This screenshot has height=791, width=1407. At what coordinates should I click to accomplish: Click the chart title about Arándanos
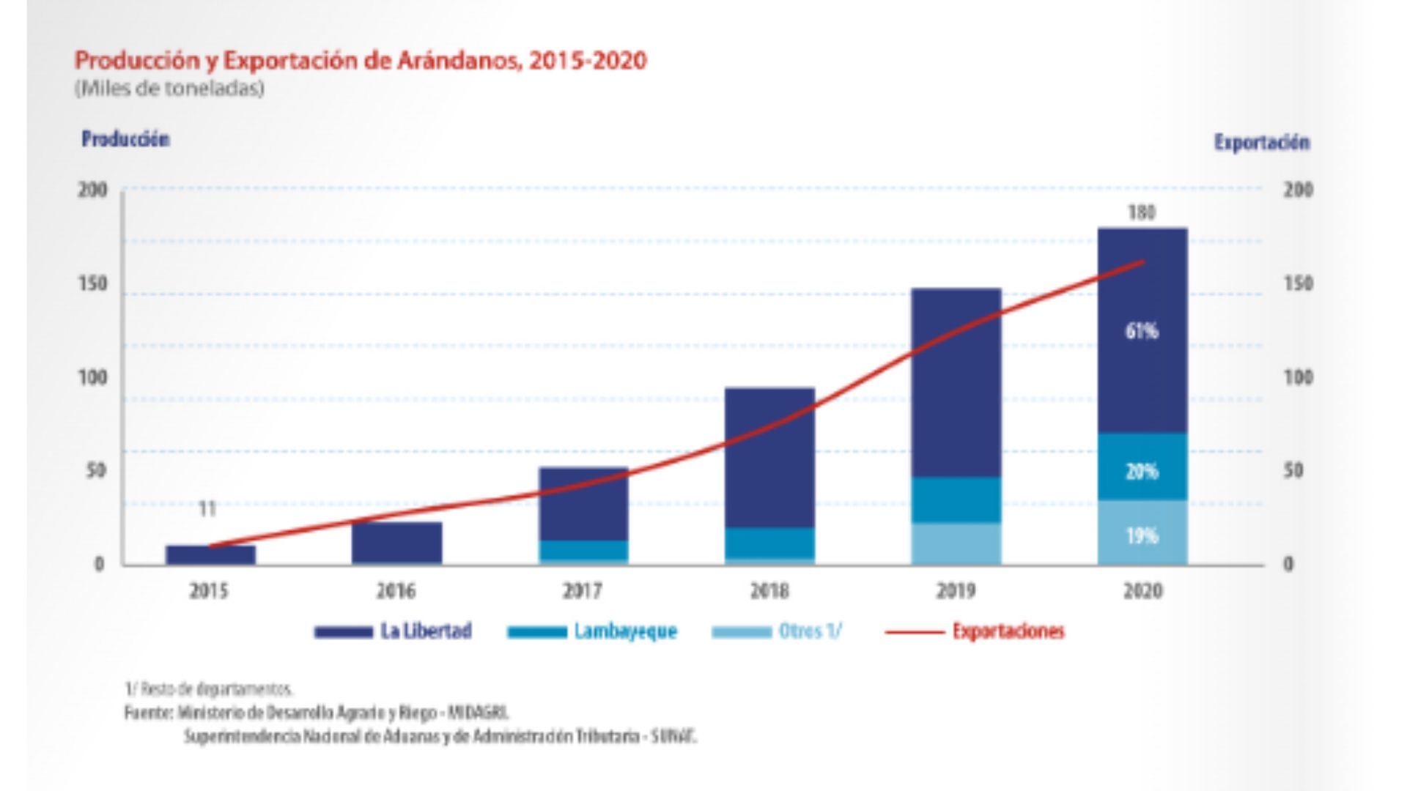click(361, 60)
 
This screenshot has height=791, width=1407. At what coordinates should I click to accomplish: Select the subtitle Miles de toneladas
click(169, 89)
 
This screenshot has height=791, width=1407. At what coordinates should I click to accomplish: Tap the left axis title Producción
click(125, 139)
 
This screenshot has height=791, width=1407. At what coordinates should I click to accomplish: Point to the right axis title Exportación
click(1261, 142)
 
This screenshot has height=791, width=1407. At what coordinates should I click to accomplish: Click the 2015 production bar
click(210, 555)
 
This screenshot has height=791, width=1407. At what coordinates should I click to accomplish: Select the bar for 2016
click(396, 543)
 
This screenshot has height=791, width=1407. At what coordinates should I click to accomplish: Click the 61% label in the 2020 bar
click(1142, 331)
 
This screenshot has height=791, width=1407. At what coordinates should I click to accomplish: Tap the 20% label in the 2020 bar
click(1142, 471)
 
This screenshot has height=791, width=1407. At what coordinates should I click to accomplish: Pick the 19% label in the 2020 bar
click(1142, 536)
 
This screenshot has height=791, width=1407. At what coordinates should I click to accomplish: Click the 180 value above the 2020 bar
click(1142, 213)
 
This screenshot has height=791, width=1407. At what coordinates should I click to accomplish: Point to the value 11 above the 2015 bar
click(207, 509)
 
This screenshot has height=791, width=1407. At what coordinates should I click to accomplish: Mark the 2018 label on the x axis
click(769, 591)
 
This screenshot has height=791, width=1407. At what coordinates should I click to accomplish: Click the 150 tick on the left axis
click(92, 283)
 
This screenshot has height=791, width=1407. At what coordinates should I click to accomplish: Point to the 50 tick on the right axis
click(1293, 471)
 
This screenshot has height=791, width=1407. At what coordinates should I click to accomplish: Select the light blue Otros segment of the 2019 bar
click(956, 543)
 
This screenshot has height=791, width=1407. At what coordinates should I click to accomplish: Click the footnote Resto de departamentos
click(210, 689)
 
